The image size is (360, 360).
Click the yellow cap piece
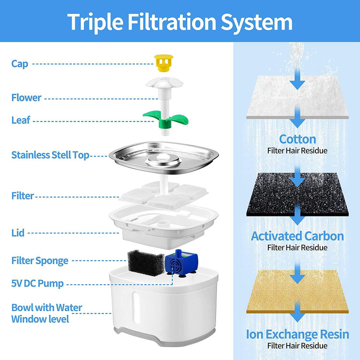click(164, 63)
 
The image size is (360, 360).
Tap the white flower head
click(164, 83)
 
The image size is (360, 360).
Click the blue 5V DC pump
click(181, 263)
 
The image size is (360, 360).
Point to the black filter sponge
click(146, 263)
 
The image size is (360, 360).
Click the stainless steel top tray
click(164, 157)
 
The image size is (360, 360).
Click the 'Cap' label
click(20, 63)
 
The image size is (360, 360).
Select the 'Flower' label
click(26, 97)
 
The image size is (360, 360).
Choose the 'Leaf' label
click(21, 120)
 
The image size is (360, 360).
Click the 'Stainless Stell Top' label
click(50, 155)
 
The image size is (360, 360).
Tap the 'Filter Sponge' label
click(40, 261)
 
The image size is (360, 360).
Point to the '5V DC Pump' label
click(37, 283)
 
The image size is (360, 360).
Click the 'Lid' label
click(18, 233)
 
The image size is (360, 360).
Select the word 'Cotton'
click(298, 139)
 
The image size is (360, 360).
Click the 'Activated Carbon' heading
click(298, 236)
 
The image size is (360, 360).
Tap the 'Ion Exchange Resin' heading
click(298, 334)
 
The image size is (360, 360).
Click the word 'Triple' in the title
click(95, 22)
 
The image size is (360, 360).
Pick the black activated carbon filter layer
click(298, 194)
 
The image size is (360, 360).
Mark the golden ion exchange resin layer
click(298, 291)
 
